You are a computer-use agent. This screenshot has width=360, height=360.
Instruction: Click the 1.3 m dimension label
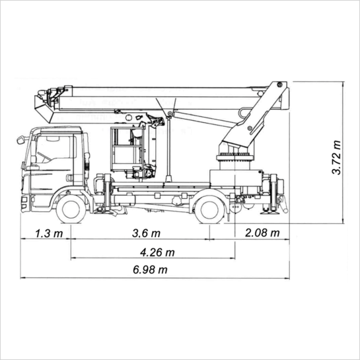(x=49, y=233)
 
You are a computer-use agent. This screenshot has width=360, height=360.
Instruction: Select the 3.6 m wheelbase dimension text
(x=146, y=233)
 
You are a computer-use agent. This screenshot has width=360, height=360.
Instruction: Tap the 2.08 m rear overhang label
(x=262, y=233)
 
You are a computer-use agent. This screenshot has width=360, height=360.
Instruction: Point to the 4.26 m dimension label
(x=157, y=252)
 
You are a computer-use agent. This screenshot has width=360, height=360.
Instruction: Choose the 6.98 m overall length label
(x=150, y=270)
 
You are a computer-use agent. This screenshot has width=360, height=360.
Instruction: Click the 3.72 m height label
(x=337, y=157)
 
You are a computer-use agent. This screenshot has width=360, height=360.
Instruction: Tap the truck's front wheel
(x=71, y=209)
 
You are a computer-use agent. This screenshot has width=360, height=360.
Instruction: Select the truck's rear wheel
(x=209, y=209)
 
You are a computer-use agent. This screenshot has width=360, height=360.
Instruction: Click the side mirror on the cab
(x=20, y=140)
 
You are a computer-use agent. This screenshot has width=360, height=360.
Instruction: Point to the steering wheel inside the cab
(x=44, y=157)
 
